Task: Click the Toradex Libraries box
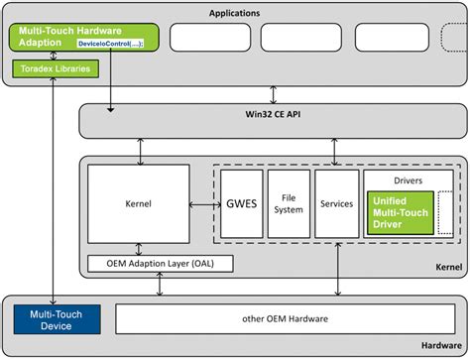56,68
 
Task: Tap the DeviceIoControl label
110,44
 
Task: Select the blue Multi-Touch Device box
58,319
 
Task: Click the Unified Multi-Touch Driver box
401,213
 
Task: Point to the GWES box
242,203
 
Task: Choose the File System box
289,203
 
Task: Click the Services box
337,203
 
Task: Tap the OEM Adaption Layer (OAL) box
161,264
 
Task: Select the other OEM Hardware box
286,319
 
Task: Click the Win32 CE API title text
273,114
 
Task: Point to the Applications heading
234,13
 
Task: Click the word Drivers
409,180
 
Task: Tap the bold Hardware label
441,345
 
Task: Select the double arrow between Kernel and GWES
205,205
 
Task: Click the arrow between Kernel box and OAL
139,249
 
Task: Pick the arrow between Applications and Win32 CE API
273,95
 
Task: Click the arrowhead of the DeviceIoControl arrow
111,109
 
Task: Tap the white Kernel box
139,203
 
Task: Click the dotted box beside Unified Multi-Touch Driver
445,213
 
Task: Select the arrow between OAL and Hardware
160,284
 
